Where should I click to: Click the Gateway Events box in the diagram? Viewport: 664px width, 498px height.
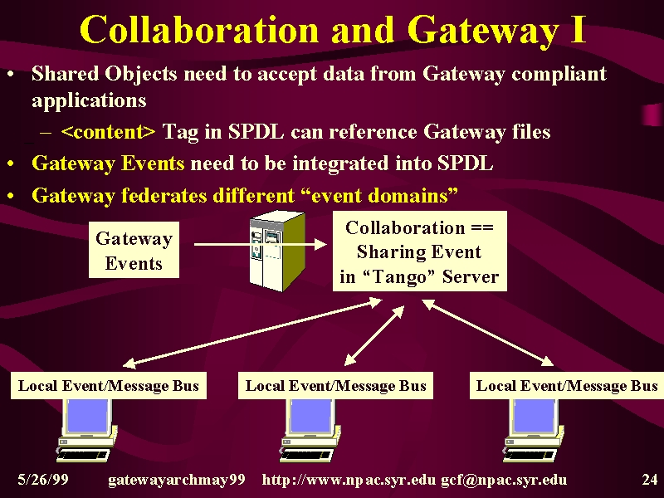(134, 250)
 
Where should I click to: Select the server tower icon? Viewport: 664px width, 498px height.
(277, 251)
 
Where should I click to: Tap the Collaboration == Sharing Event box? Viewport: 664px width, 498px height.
(420, 251)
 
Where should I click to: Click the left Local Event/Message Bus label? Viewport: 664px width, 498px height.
(109, 385)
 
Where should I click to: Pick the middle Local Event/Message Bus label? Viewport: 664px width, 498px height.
(335, 385)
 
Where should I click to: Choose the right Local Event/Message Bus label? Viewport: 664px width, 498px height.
(567, 385)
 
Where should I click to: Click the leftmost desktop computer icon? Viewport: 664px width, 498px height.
(87, 430)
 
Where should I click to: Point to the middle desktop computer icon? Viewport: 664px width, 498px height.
(310, 430)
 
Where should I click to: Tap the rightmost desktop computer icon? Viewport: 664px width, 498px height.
(534, 430)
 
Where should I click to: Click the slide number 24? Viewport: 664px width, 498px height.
(650, 480)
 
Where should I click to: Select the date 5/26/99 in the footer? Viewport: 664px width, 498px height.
(43, 480)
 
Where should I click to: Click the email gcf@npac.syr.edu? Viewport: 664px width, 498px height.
(504, 481)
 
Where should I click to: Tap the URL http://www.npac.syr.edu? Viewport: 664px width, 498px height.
(349, 481)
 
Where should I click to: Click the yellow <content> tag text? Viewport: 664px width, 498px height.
(109, 132)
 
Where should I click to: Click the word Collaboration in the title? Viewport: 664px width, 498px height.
(198, 30)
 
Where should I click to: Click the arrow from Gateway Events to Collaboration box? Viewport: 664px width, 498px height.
(261, 244)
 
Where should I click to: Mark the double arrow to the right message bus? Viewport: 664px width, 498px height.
(488, 332)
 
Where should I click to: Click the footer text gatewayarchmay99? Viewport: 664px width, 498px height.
(177, 481)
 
